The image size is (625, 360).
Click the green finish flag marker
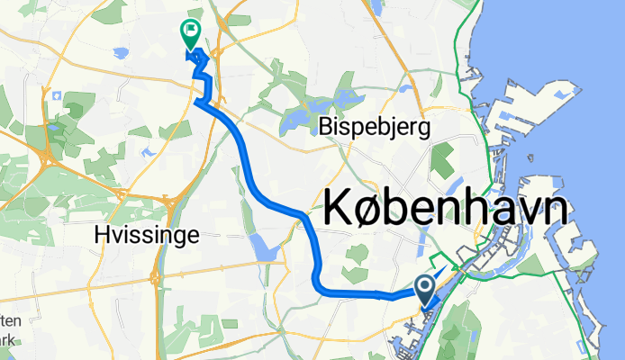tap(191, 32)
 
